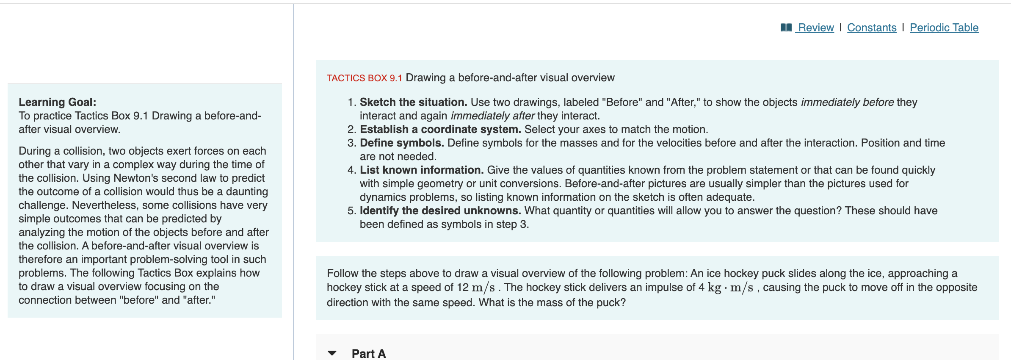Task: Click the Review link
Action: [816, 28]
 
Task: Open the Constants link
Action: [872, 28]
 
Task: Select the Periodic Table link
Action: [944, 28]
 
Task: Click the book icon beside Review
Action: [786, 28]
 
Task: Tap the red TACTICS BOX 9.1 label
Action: [364, 78]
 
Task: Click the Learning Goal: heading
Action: [58, 102]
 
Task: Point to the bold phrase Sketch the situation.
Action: [413, 102]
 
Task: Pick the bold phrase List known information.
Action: [422, 170]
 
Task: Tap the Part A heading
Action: [369, 354]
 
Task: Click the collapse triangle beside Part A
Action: [332, 353]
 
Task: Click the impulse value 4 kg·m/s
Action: [726, 288]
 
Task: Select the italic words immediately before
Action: [847, 102]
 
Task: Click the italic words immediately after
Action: [493, 116]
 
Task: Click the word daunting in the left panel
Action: [247, 192]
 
